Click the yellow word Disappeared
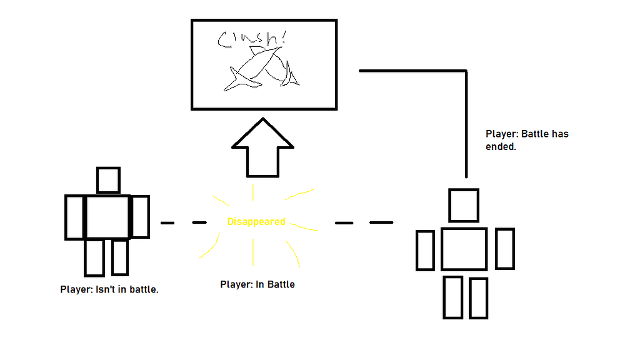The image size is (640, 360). [256, 222]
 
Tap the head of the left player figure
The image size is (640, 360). [108, 180]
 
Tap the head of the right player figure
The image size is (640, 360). [464, 205]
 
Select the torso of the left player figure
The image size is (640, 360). [107, 217]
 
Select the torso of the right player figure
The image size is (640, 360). [464, 249]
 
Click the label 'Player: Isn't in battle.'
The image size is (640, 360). [109, 290]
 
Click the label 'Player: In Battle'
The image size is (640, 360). [257, 284]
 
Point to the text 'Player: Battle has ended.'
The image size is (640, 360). [527, 141]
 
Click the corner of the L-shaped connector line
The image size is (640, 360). [466, 71]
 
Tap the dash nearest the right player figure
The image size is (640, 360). [381, 222]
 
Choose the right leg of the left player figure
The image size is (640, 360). [119, 257]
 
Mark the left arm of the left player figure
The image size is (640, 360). [74, 217]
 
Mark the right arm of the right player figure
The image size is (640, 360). [504, 249]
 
